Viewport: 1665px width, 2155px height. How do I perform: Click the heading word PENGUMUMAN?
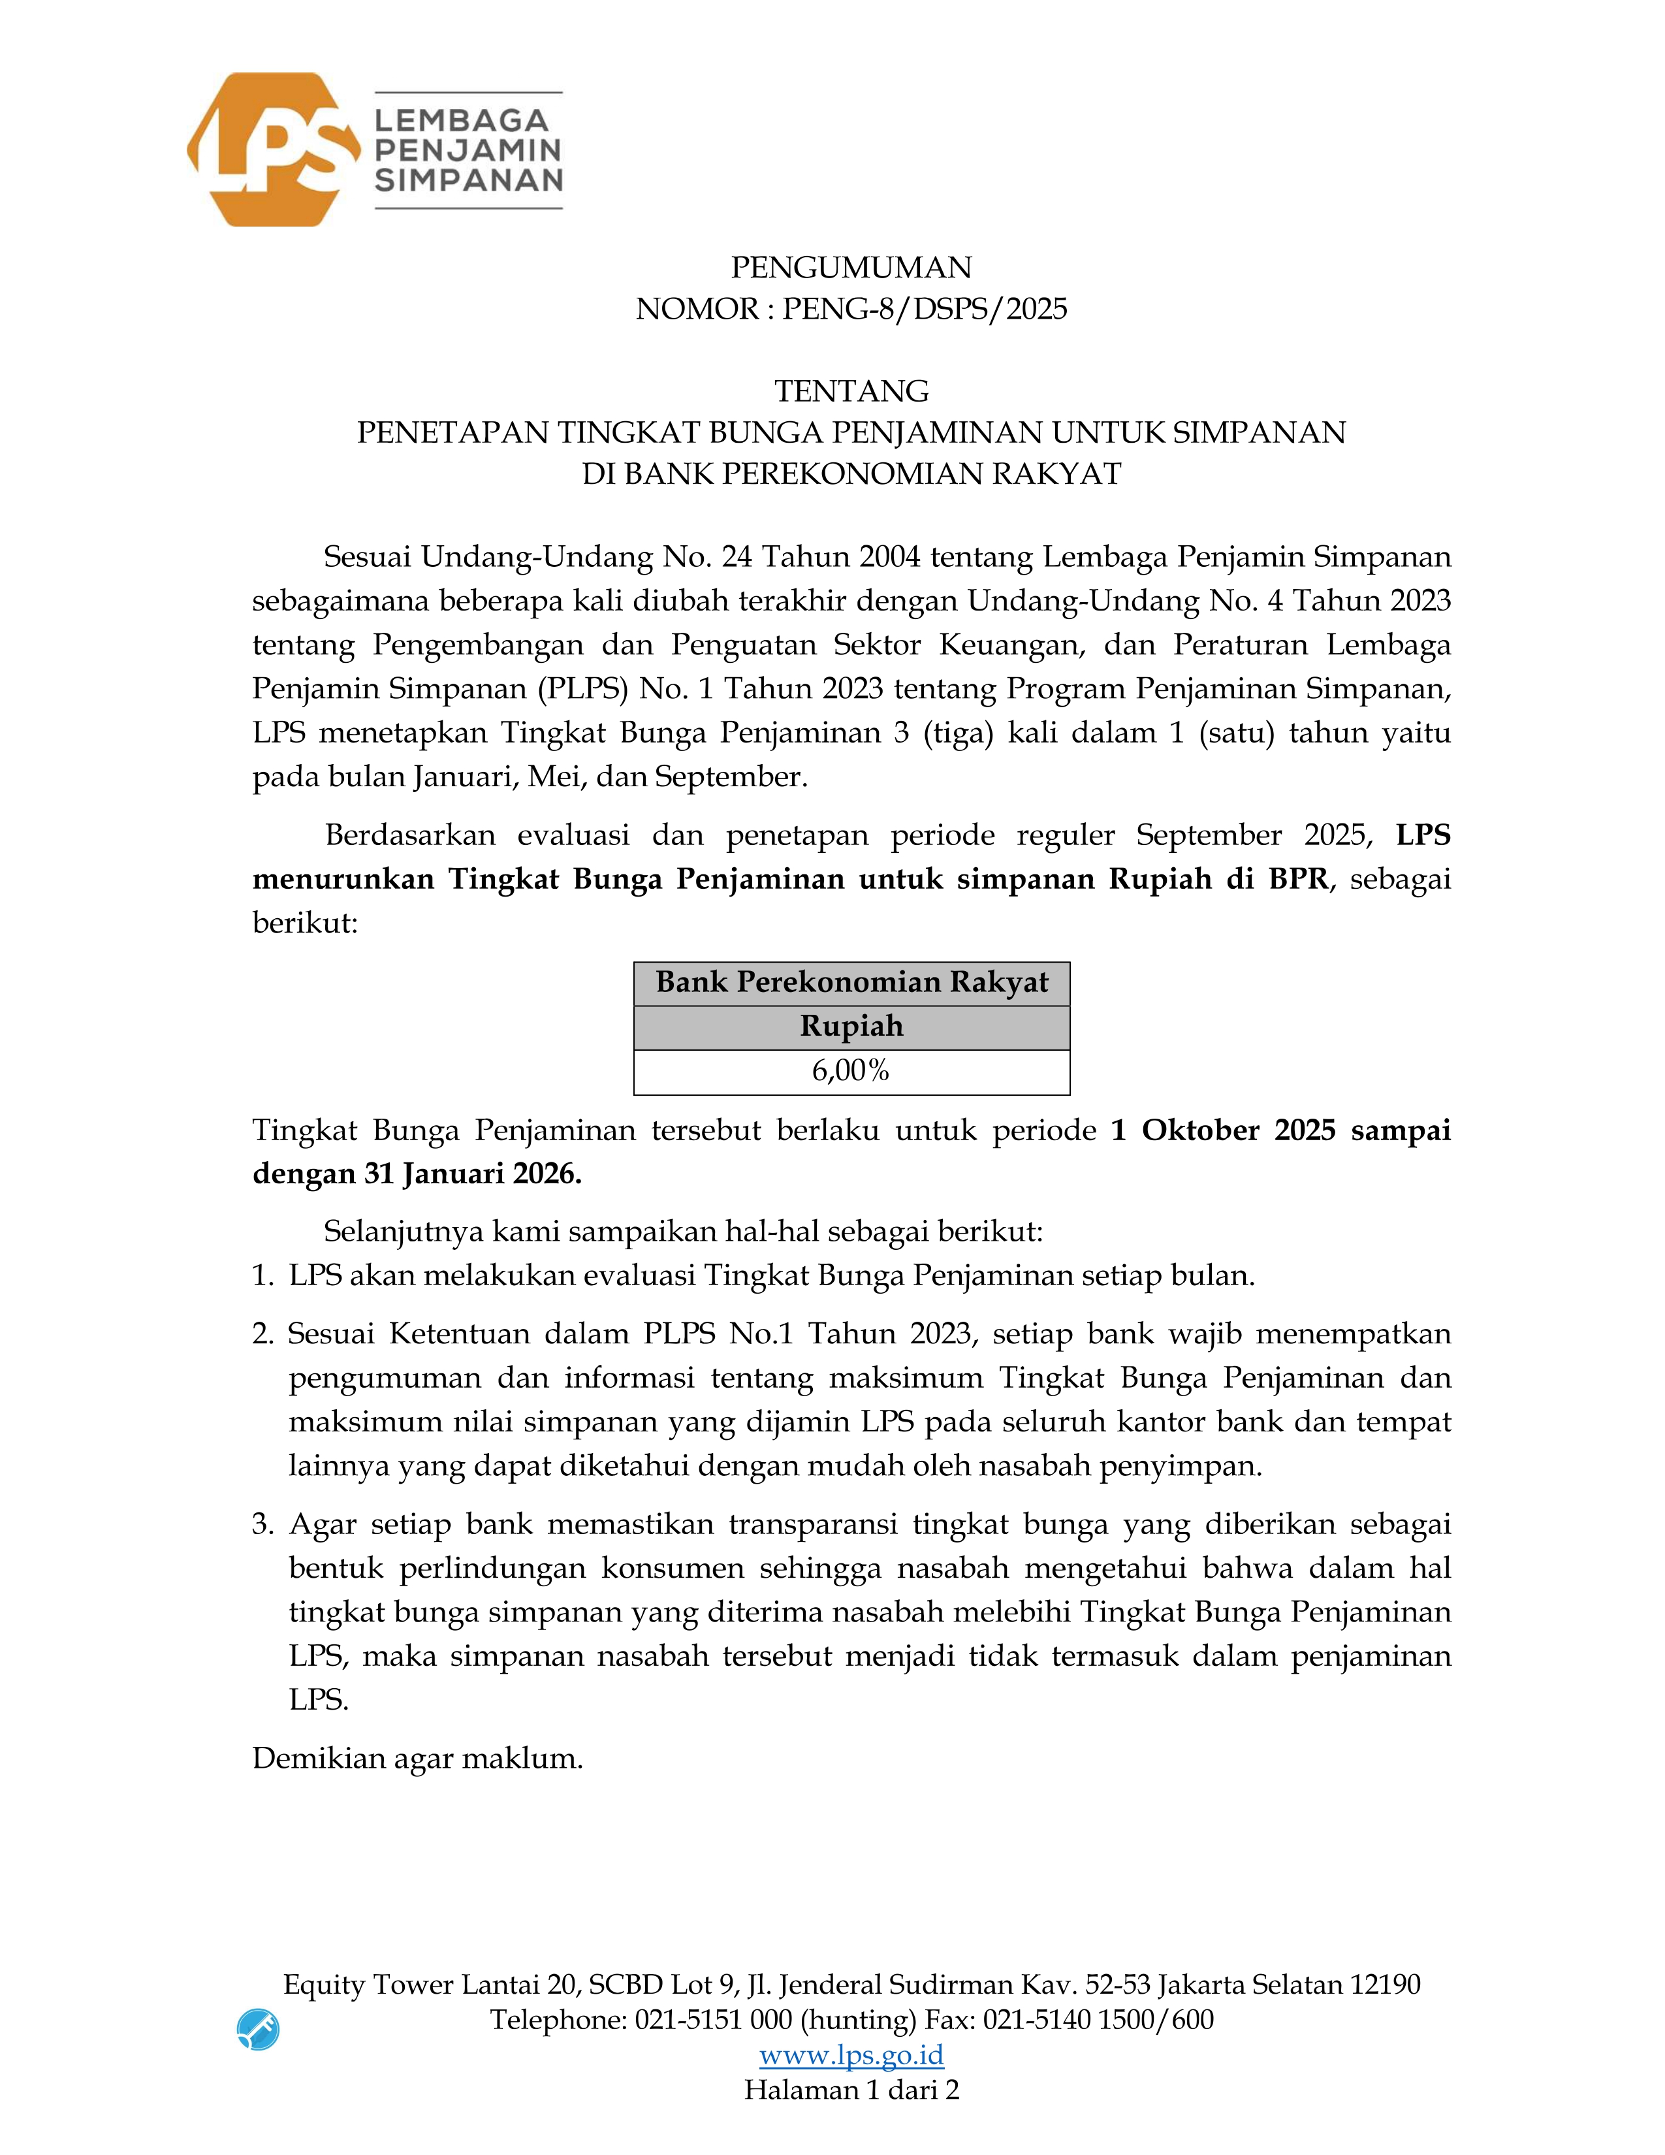coord(851,267)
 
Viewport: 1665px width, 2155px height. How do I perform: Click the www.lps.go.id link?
coord(851,2055)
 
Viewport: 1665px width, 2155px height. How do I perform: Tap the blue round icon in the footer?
coord(259,2030)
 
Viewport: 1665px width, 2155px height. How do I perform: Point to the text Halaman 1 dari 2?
coord(851,2090)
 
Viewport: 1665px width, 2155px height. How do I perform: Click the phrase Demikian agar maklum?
coord(417,1759)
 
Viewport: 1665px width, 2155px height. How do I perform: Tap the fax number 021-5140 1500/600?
coord(1098,2020)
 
